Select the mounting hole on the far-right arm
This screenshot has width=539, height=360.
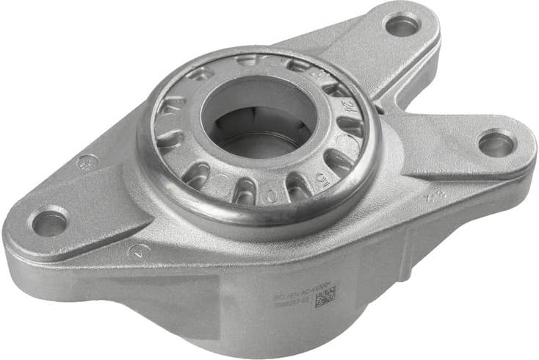(496, 143)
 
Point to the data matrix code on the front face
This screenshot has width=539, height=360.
(325, 295)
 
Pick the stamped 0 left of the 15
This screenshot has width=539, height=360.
(272, 197)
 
